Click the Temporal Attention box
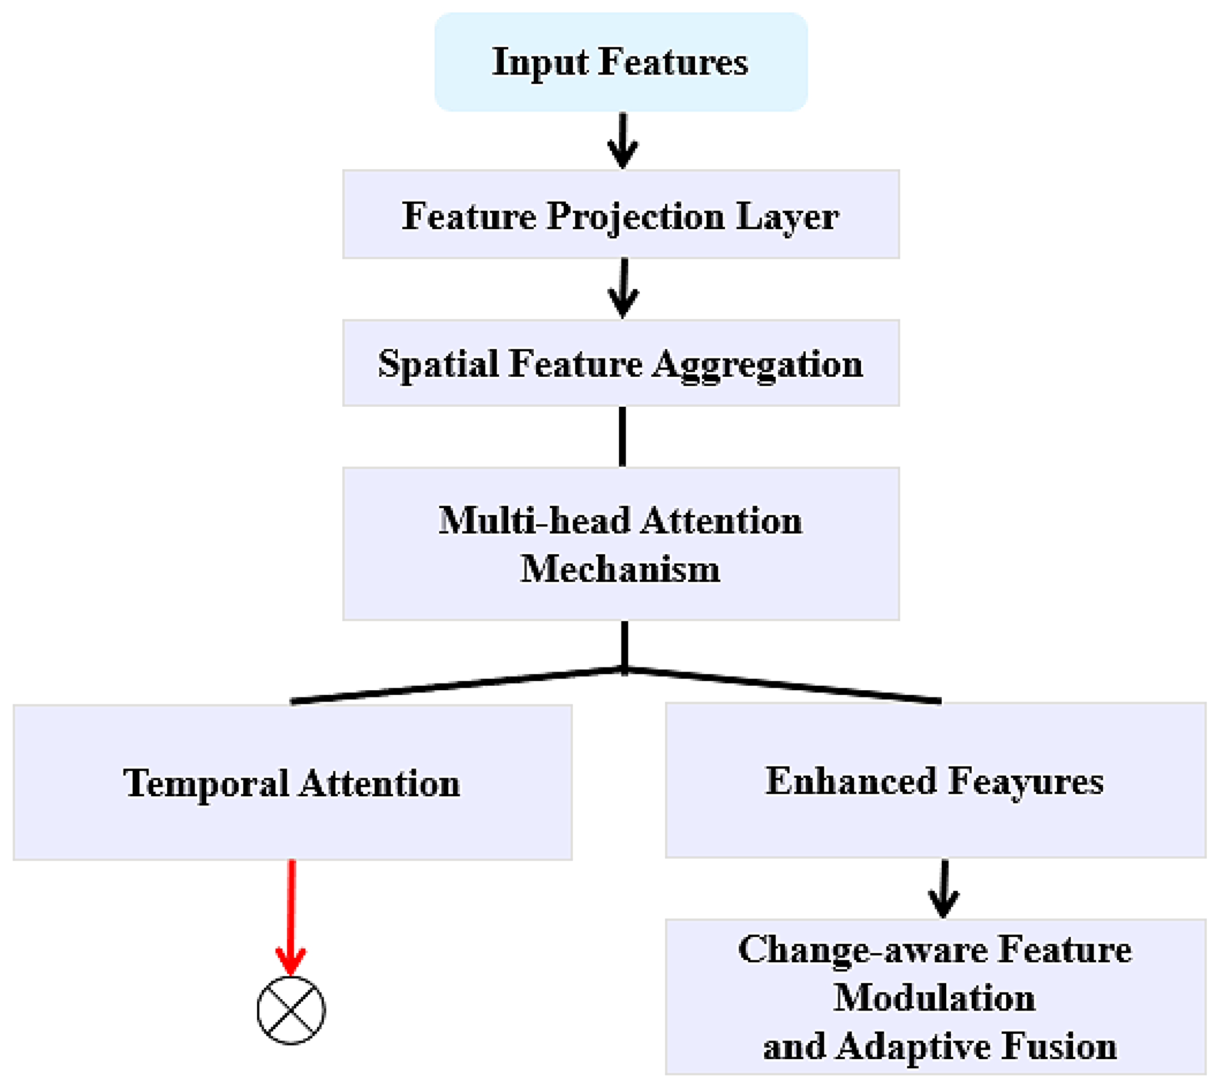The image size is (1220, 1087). pyautogui.click(x=293, y=783)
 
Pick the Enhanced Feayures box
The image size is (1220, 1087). pyautogui.click(x=935, y=781)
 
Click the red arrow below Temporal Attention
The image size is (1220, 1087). pyautogui.click(x=291, y=918)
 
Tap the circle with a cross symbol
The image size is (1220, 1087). pyautogui.click(x=291, y=1010)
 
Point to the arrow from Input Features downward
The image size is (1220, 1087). pyautogui.click(x=623, y=141)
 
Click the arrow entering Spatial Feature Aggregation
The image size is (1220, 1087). pyautogui.click(x=623, y=289)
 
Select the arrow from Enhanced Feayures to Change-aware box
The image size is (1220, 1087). pyautogui.click(x=943, y=889)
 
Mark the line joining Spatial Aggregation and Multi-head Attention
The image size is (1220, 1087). pyautogui.click(x=623, y=437)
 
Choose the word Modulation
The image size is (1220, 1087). pyautogui.click(x=934, y=998)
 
